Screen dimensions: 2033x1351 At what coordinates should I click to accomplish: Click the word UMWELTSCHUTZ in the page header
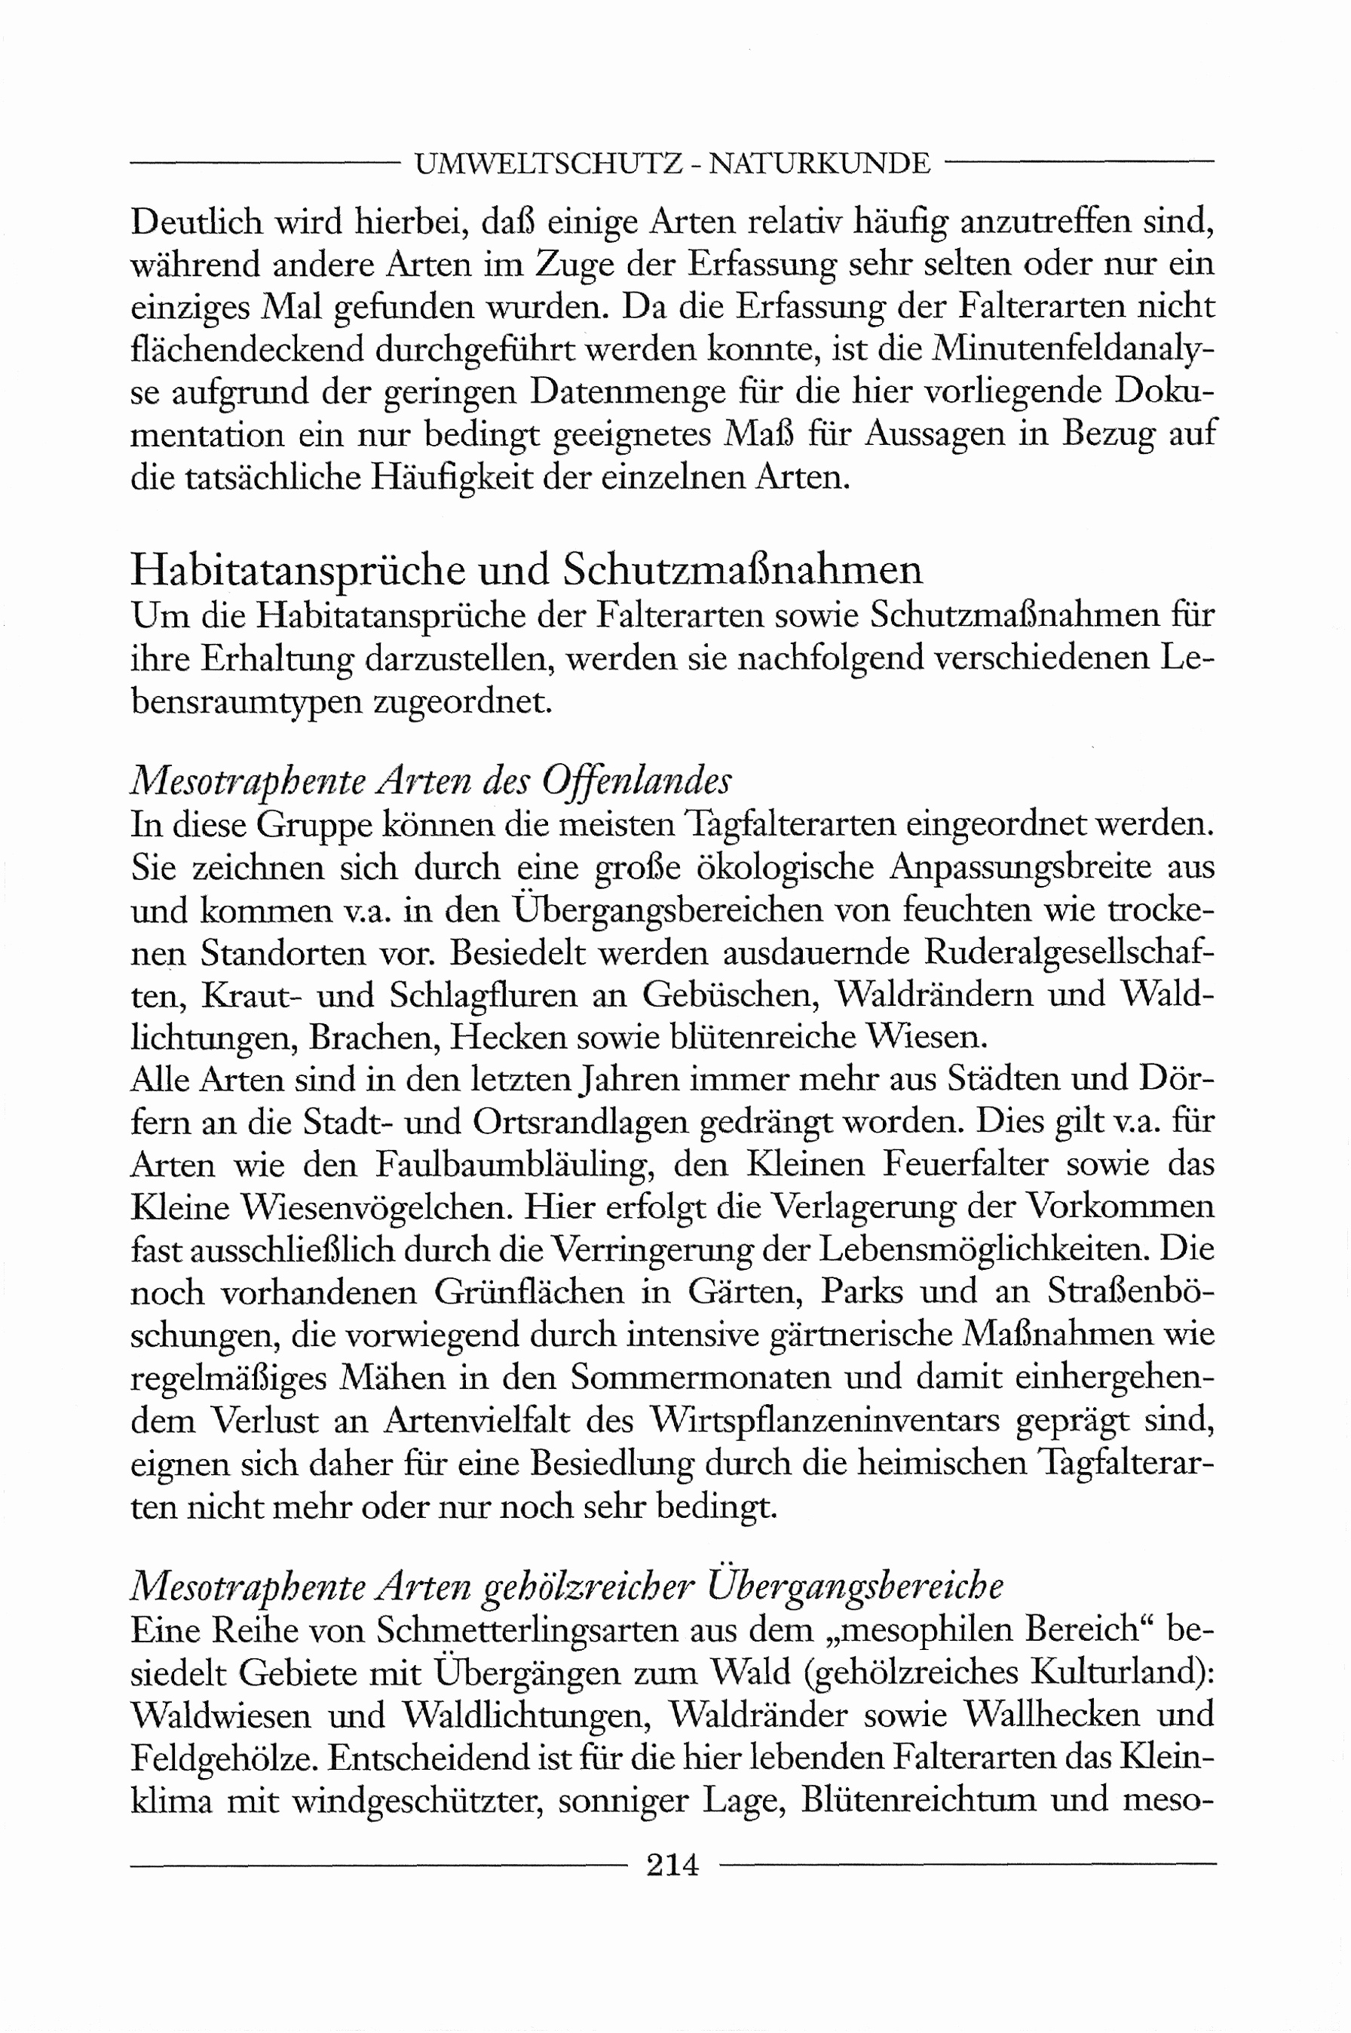click(x=550, y=163)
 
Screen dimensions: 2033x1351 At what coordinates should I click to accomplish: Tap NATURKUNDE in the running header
click(x=819, y=163)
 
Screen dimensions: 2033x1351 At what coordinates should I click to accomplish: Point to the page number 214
click(x=673, y=1864)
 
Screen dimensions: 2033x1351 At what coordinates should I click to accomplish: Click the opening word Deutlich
click(x=197, y=222)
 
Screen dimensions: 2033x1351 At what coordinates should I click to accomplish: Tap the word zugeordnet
click(x=463, y=701)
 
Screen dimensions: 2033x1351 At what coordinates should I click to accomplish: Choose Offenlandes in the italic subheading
click(x=637, y=782)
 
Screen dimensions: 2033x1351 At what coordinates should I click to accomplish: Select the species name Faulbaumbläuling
click(x=518, y=1165)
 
